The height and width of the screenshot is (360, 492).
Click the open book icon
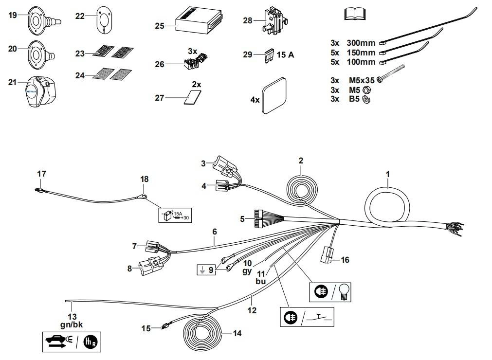[354, 15]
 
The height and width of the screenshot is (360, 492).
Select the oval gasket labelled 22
[105, 21]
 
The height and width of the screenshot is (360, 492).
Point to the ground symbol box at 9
[206, 269]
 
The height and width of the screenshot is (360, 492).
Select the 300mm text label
[361, 43]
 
